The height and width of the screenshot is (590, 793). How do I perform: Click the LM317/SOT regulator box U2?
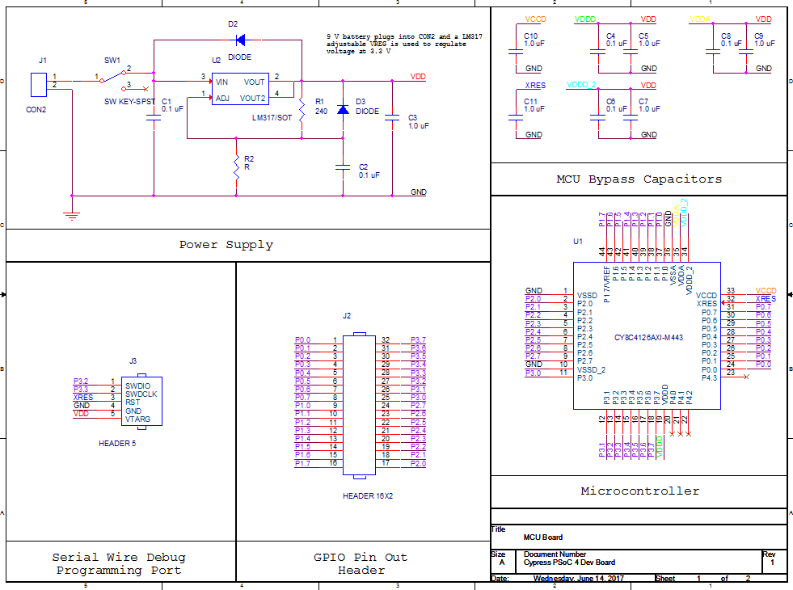(239, 90)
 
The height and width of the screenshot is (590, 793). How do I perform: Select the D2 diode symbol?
(243, 39)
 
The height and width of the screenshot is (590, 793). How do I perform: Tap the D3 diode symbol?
(343, 109)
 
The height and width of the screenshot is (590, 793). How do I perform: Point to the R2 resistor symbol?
(236, 167)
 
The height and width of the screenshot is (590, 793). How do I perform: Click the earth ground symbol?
(72, 214)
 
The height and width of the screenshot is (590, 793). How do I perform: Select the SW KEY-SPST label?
(129, 101)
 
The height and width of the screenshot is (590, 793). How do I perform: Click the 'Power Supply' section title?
(226, 244)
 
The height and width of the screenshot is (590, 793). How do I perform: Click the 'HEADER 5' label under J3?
(117, 444)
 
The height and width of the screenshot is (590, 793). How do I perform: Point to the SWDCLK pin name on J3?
(141, 394)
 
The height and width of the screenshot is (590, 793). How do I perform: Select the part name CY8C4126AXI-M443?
(649, 337)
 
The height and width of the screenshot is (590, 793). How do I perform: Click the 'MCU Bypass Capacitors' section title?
(639, 179)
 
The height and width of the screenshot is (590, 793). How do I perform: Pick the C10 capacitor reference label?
(530, 36)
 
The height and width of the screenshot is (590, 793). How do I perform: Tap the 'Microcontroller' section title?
(639, 491)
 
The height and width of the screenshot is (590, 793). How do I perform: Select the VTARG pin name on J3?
(137, 420)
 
